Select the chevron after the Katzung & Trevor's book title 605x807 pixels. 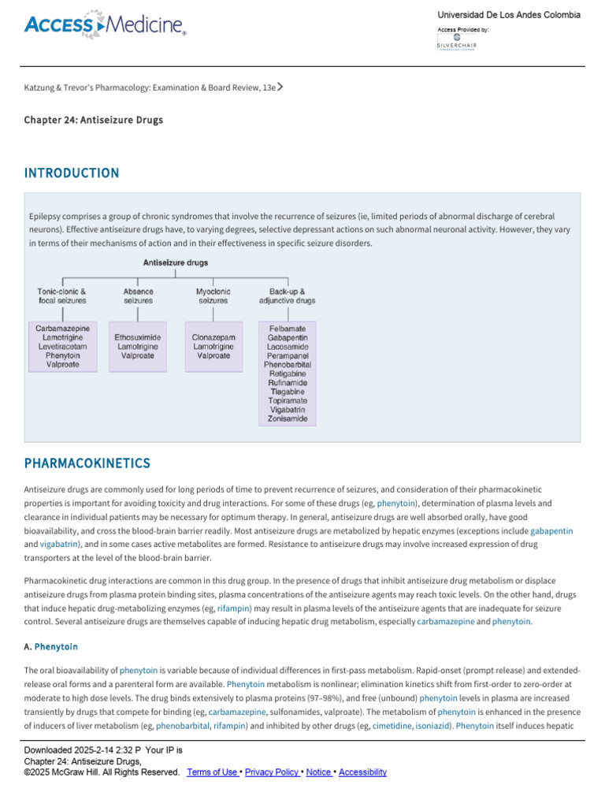(280, 87)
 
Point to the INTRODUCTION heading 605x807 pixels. (72, 173)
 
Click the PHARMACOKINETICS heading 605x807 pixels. (87, 463)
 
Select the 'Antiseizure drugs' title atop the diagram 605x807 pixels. (175, 262)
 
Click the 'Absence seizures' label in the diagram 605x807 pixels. (138, 296)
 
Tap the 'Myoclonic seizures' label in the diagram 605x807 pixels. (213, 296)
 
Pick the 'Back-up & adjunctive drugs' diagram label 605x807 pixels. (288, 296)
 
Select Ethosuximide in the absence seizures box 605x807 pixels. (138, 337)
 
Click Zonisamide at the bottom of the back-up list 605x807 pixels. (288, 418)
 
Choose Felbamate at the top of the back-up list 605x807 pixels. (288, 329)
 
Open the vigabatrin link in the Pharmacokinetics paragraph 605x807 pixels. (57, 544)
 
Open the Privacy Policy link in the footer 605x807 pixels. (272, 772)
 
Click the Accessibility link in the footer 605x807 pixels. (362, 772)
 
